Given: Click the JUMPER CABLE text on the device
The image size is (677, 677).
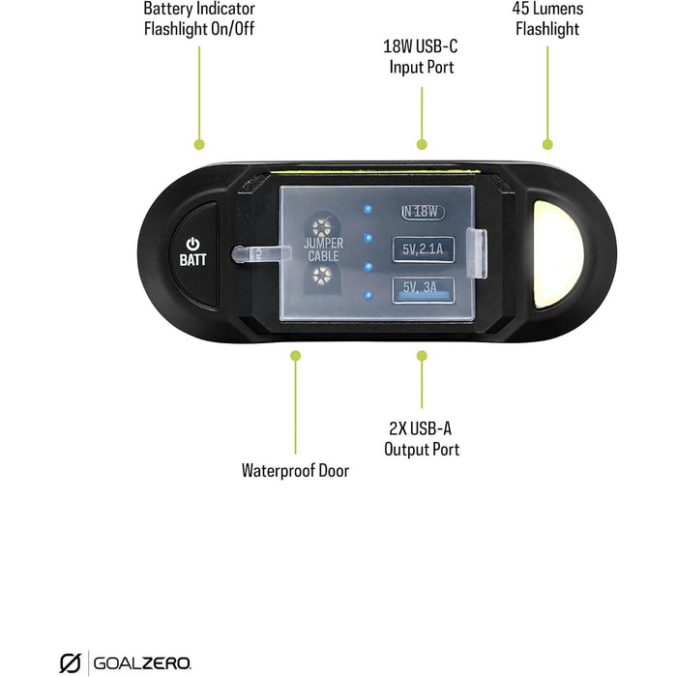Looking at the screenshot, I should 322,250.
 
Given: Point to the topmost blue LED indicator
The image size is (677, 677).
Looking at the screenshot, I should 368,208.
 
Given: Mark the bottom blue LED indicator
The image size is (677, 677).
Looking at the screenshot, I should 368,294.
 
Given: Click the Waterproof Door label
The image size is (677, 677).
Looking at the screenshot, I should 295,471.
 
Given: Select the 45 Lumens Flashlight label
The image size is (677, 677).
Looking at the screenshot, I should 547,18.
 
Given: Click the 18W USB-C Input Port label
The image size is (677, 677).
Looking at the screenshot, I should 421,57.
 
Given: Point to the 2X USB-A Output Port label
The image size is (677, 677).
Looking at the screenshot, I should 421,439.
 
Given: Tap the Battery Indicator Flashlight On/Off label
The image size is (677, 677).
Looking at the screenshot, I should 198,18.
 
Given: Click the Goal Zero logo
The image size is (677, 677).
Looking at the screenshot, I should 126,662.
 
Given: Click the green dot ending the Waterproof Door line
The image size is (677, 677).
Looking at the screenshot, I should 296,356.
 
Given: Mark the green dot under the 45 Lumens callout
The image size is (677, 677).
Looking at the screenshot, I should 548,144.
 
